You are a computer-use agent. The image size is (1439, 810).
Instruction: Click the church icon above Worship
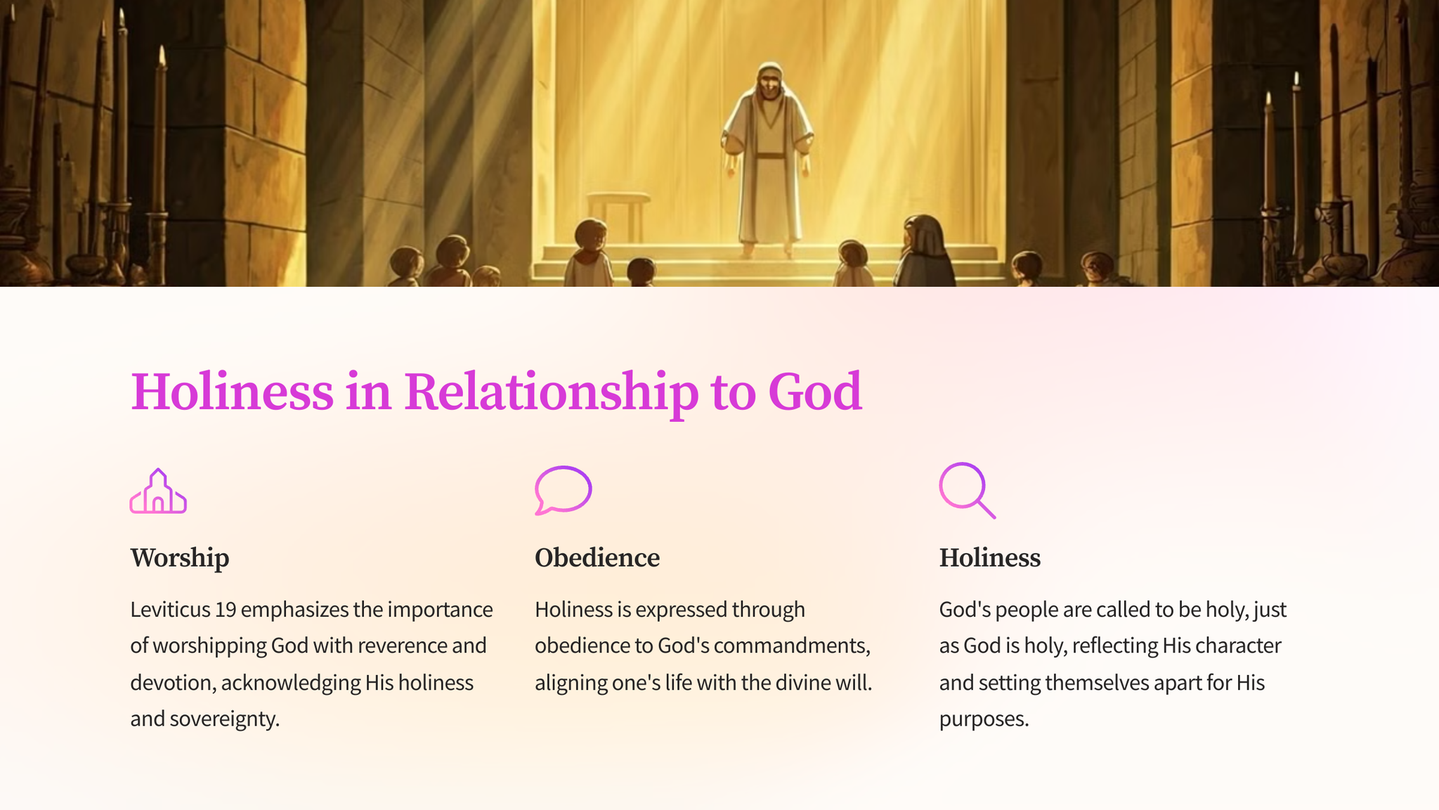click(x=158, y=492)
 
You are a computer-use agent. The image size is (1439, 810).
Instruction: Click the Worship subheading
click(x=180, y=558)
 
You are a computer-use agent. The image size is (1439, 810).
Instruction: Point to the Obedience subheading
click(x=597, y=558)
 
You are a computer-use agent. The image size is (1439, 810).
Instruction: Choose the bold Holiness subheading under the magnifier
click(x=990, y=558)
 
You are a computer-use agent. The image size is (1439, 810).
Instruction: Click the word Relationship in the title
click(x=551, y=392)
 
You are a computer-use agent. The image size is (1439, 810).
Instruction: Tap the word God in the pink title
click(x=815, y=392)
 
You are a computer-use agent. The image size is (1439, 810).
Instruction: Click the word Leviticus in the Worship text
click(x=170, y=609)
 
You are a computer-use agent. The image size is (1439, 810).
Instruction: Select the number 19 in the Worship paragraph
click(x=226, y=609)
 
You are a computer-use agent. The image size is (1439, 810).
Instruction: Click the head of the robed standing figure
click(x=770, y=81)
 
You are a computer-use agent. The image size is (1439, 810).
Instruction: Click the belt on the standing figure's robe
click(x=770, y=155)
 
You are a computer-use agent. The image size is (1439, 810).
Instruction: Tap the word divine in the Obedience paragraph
click(x=797, y=683)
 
